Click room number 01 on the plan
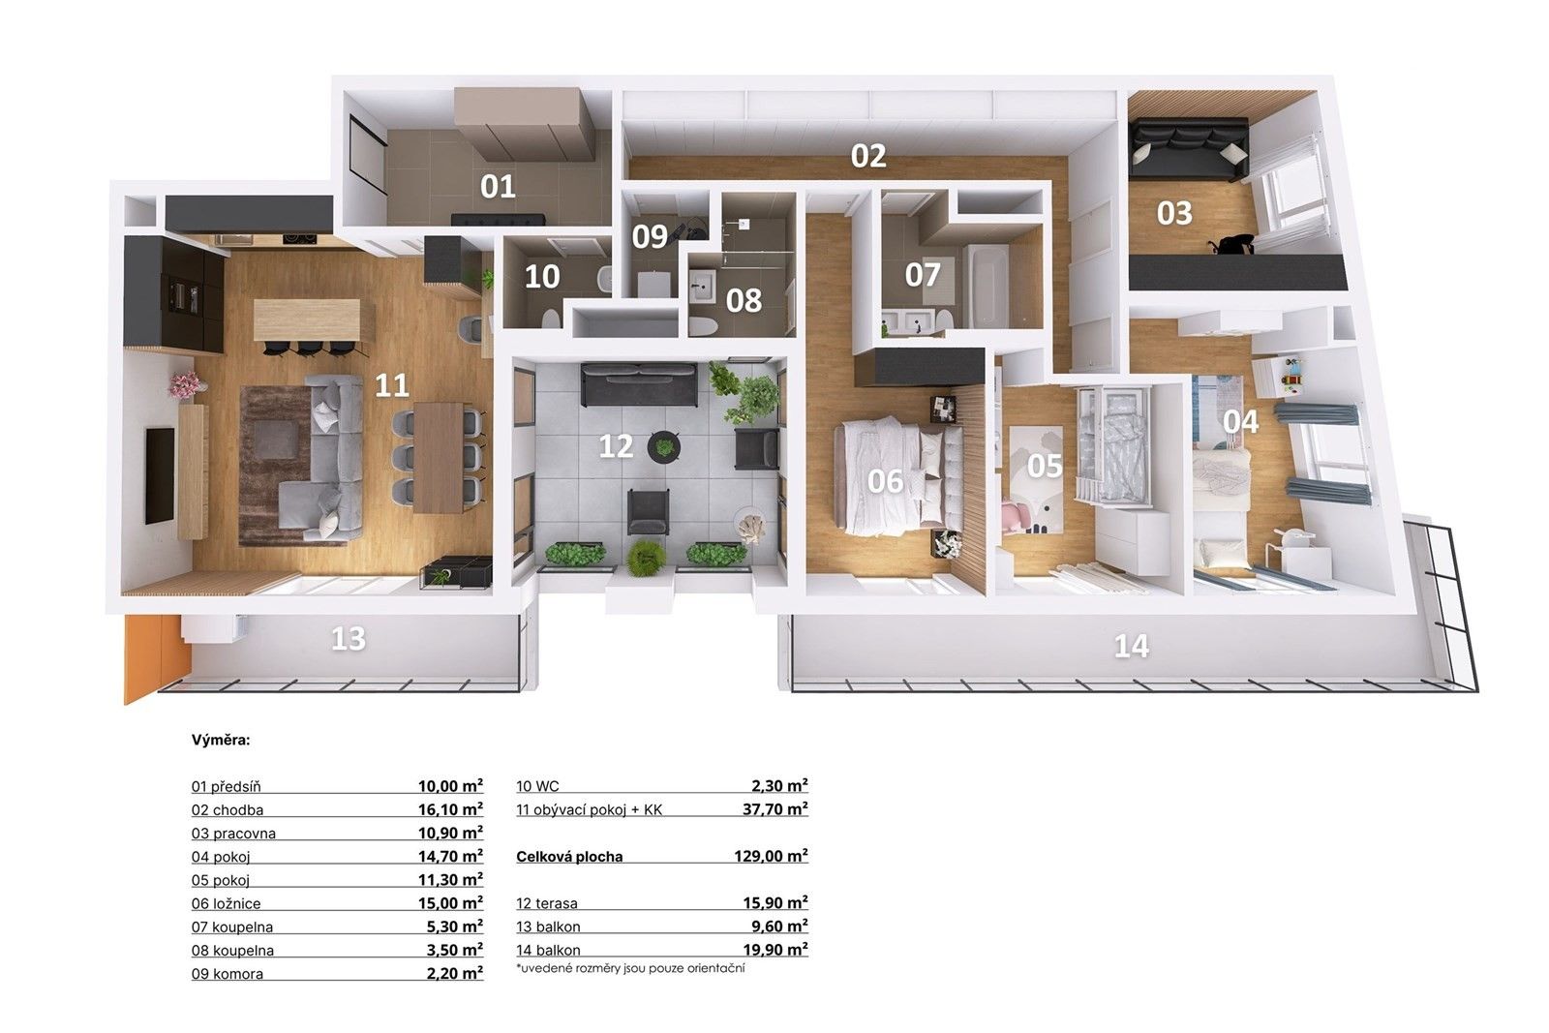498,186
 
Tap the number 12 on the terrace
616,446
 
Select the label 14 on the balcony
1131,646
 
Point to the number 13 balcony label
349,639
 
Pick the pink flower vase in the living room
184,385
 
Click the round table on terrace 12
664,446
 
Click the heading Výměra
221,741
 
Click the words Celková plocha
569,857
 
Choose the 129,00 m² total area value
771,856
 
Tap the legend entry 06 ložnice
227,903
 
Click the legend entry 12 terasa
547,903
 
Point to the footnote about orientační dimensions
631,967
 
